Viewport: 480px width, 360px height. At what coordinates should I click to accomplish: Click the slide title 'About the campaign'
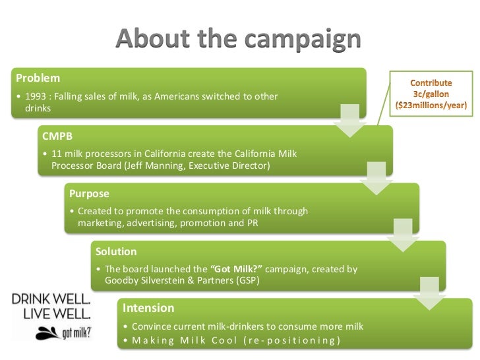239,41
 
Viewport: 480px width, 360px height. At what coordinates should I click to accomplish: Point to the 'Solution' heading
116,252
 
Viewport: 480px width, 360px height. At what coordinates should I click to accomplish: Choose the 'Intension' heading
148,308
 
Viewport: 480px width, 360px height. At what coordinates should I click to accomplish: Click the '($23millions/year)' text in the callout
432,105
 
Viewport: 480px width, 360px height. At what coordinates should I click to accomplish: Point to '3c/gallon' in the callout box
432,94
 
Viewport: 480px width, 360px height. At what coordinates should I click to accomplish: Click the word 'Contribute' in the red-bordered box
432,84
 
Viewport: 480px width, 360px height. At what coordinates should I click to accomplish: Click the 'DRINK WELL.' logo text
51,298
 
